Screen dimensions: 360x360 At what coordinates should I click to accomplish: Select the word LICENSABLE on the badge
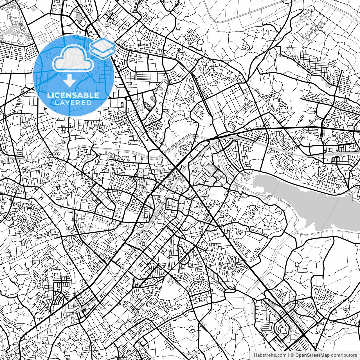[73, 95]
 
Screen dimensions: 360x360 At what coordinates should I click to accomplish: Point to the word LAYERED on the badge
[73, 103]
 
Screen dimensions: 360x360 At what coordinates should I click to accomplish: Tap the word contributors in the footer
[344, 355]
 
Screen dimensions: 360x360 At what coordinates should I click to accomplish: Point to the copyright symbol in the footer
[292, 355]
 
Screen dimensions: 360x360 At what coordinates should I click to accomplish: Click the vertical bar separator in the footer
[289, 355]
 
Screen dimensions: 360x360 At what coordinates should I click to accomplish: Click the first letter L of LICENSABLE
[48, 95]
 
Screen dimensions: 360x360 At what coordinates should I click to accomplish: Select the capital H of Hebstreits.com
[255, 355]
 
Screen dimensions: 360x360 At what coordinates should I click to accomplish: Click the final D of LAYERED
[89, 103]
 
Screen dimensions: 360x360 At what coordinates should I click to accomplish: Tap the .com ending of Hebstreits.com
[282, 355]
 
